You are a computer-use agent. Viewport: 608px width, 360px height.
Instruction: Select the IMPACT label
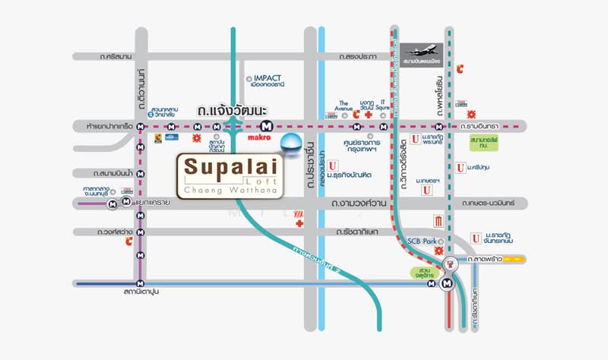263,78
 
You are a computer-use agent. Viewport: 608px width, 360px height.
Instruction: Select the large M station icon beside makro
266,126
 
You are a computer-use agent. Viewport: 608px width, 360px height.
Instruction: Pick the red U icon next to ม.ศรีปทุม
460,167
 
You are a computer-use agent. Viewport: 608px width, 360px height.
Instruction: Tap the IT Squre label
384,105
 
